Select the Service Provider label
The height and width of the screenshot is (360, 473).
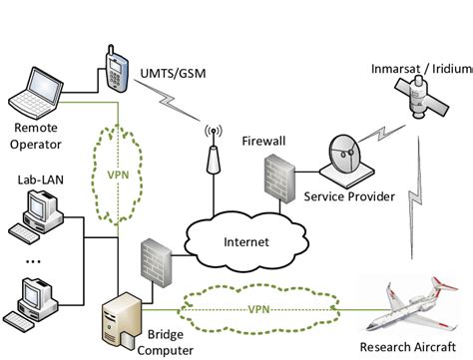pyautogui.click(x=348, y=194)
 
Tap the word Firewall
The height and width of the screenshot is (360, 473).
pyautogui.click(x=263, y=142)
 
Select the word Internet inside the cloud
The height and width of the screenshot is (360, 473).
pyautogui.click(x=245, y=241)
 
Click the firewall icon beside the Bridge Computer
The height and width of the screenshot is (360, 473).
pyautogui.click(x=155, y=261)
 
